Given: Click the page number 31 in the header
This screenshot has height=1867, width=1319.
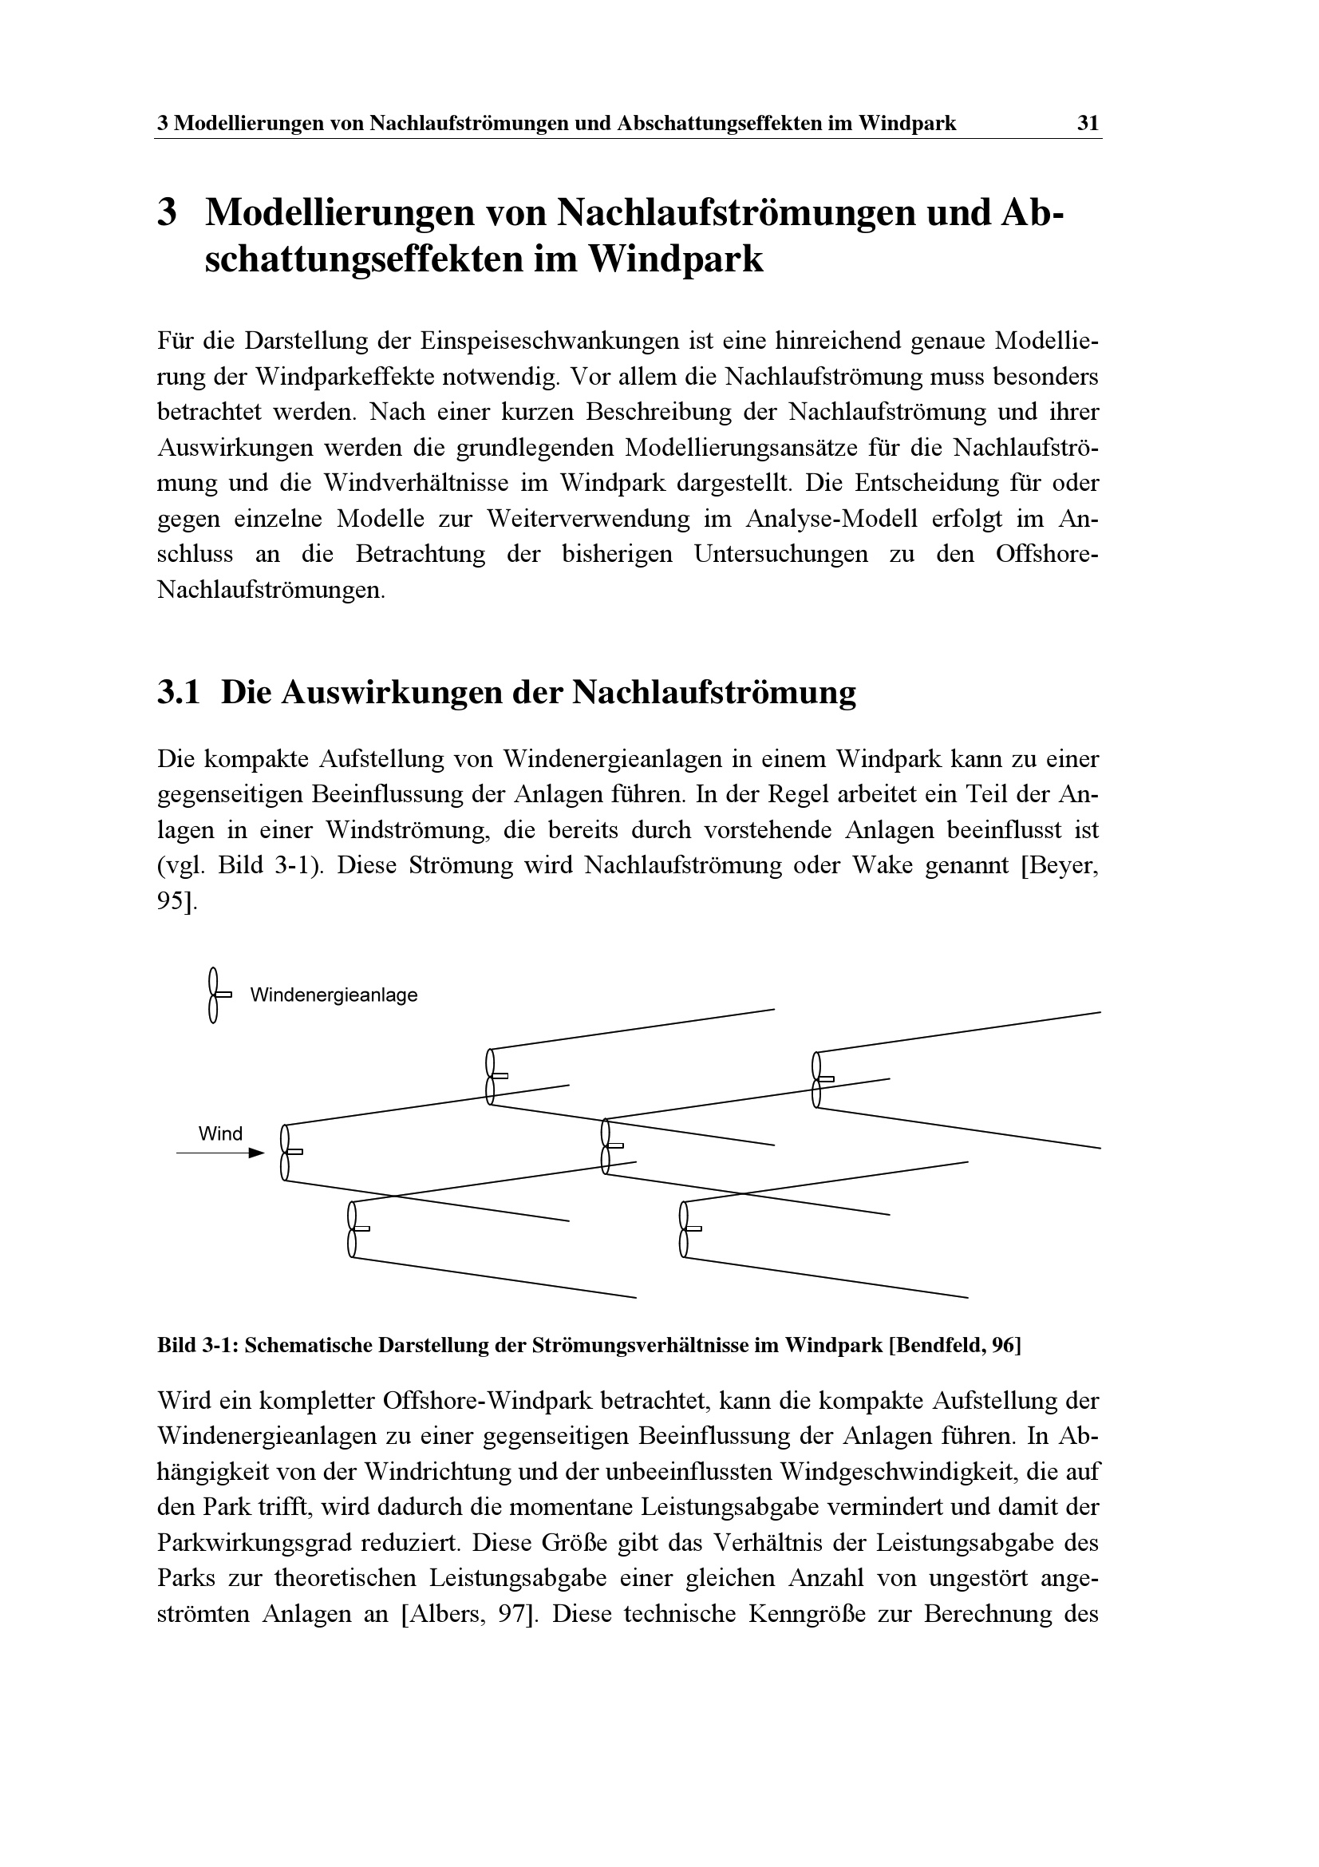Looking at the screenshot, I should point(1088,124).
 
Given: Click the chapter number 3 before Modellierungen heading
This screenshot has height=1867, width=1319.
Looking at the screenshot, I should point(168,214).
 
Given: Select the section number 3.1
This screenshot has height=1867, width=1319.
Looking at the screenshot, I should point(178,693).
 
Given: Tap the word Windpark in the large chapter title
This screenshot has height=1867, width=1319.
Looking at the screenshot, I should point(675,260).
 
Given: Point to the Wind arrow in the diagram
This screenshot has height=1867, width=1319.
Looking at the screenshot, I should point(220,1153).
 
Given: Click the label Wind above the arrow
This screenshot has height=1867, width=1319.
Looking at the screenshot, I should point(220,1133).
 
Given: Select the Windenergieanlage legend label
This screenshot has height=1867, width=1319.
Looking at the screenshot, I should point(334,995).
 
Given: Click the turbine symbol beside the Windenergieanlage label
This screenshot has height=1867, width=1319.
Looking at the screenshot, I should point(216,995).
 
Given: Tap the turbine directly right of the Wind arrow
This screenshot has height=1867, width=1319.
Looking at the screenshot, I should point(289,1153).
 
